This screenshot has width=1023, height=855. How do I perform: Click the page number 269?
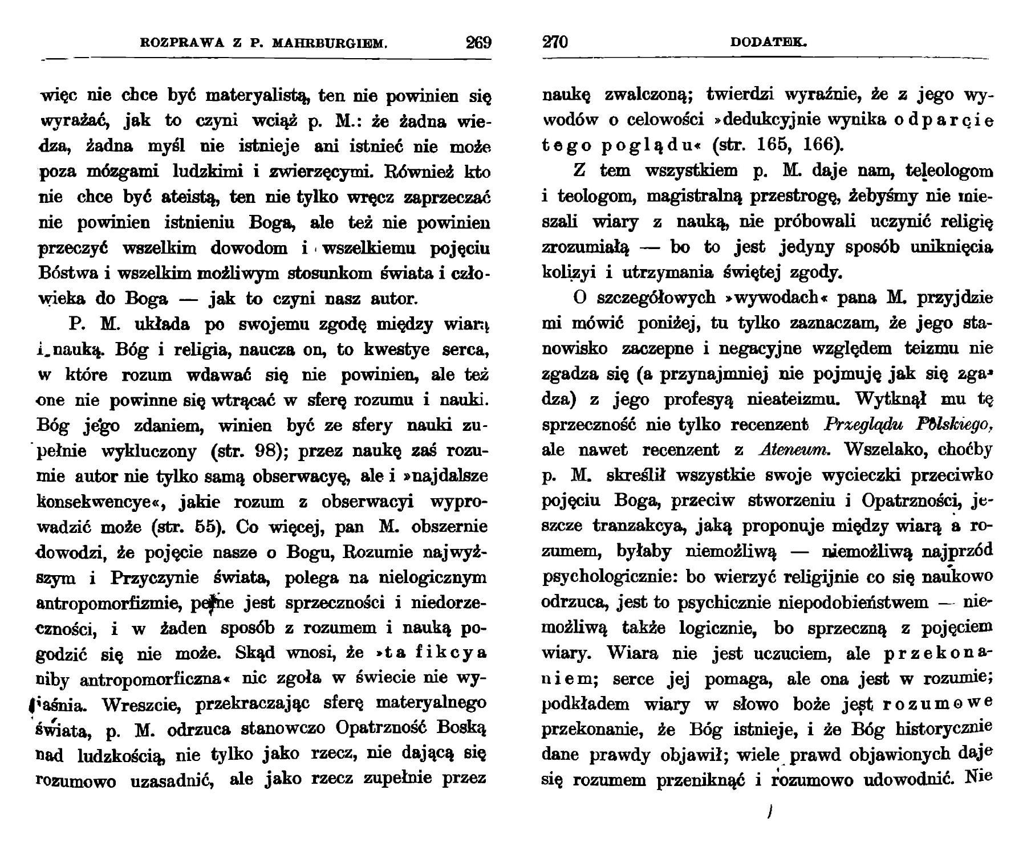coord(478,43)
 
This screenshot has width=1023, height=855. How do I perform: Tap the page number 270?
coord(555,43)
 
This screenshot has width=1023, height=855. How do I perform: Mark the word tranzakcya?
coord(639,526)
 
